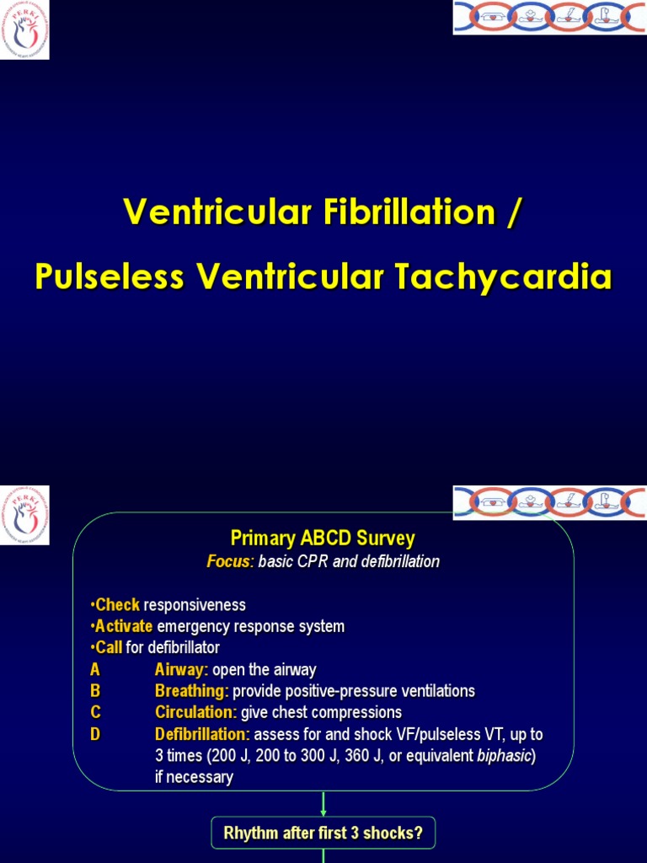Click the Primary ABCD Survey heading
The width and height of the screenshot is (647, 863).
pyautogui.click(x=323, y=539)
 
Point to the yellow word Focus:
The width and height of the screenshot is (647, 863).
pyautogui.click(x=230, y=562)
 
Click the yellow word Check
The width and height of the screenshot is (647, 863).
pyautogui.click(x=118, y=605)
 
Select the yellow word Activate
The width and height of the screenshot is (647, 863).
pyautogui.click(x=124, y=627)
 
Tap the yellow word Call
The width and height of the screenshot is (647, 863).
pyautogui.click(x=110, y=648)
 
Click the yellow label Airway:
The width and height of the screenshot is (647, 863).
pyautogui.click(x=181, y=670)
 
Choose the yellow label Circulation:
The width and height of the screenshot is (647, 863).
pyautogui.click(x=196, y=713)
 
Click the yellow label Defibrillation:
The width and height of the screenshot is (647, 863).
pyautogui.click(x=202, y=735)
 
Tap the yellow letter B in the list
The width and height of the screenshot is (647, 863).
pyautogui.click(x=95, y=691)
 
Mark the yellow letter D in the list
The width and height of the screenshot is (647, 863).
pyautogui.click(x=95, y=735)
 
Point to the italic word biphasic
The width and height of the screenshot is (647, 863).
pyautogui.click(x=504, y=756)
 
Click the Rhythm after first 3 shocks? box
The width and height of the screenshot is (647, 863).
pyautogui.click(x=323, y=834)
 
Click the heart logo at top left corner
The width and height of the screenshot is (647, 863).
pyautogui.click(x=24, y=29)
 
